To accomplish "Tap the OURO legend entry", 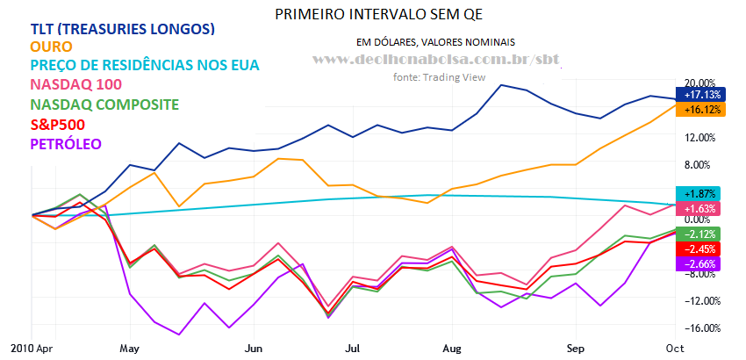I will click(50, 47).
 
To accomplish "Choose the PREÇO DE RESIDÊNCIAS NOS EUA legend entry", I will click(145, 66).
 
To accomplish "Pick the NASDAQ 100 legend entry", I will click(75, 85).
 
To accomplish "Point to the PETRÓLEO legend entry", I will click(66, 143).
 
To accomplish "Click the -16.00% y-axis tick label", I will click(699, 328).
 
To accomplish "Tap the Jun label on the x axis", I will click(254, 348).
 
